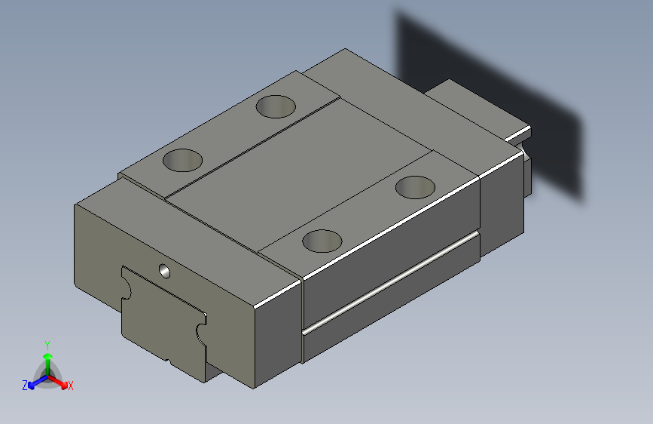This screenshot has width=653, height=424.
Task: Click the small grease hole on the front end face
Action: point(164,270)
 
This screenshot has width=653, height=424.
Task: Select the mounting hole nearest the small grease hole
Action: point(183,160)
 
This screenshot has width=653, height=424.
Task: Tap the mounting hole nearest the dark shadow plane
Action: point(416,186)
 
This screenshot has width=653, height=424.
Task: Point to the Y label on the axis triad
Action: point(47,343)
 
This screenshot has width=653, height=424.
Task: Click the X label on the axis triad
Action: point(71,386)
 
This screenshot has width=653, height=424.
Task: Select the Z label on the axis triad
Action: point(25,386)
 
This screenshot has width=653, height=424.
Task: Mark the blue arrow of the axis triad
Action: point(35,383)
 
